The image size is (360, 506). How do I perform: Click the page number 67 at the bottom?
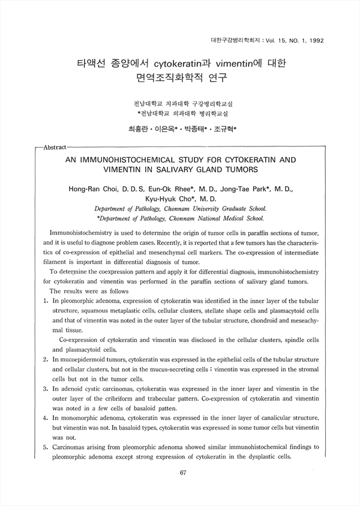[184, 472]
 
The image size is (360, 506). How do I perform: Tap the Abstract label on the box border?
[52, 146]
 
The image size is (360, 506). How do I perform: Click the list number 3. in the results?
[39, 390]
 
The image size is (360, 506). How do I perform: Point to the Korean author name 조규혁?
[224, 128]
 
